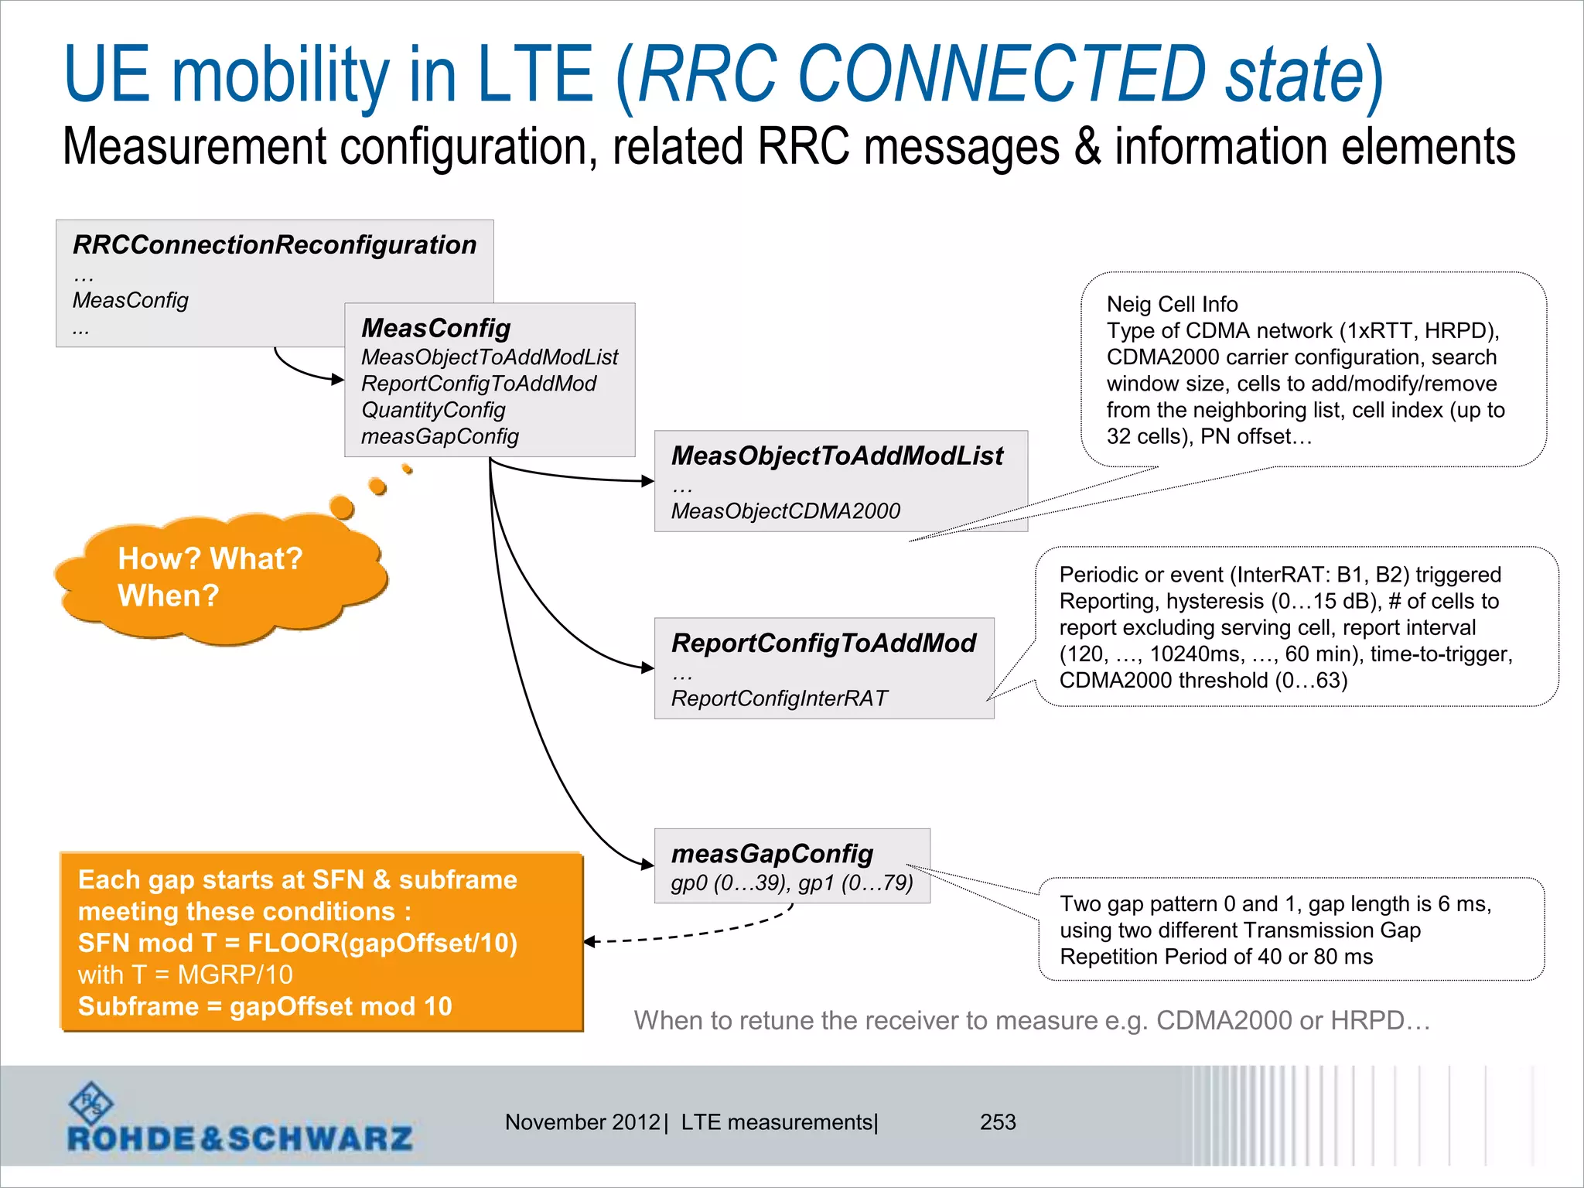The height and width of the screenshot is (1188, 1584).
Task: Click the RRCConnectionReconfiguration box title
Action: pos(275,245)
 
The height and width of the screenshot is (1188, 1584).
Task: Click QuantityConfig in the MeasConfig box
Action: pos(433,410)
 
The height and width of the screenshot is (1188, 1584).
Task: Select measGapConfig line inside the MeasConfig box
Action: pos(439,436)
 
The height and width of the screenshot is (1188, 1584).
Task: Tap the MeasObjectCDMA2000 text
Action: pos(785,511)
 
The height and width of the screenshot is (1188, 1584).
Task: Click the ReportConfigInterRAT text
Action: pos(779,698)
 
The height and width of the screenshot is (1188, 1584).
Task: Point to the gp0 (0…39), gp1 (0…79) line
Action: pos(792,882)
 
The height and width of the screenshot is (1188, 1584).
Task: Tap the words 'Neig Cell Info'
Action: pos(1172,304)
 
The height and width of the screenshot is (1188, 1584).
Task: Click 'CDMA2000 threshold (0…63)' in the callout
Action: pos(1203,681)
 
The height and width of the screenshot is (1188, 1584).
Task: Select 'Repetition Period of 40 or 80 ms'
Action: pos(1216,957)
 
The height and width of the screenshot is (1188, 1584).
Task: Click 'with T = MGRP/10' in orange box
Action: pos(186,975)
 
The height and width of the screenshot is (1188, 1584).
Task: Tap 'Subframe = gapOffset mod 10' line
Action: pos(265,1006)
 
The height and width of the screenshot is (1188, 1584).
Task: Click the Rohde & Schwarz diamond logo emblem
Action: pos(91,1102)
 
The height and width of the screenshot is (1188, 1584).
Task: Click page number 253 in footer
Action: pos(998,1122)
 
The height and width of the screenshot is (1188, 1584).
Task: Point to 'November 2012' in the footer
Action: pos(582,1122)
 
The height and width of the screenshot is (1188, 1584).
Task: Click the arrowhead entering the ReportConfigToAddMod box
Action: pos(648,667)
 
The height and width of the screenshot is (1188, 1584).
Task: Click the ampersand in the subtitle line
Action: pos(1087,147)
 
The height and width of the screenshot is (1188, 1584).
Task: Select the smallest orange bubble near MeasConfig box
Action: pos(408,469)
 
